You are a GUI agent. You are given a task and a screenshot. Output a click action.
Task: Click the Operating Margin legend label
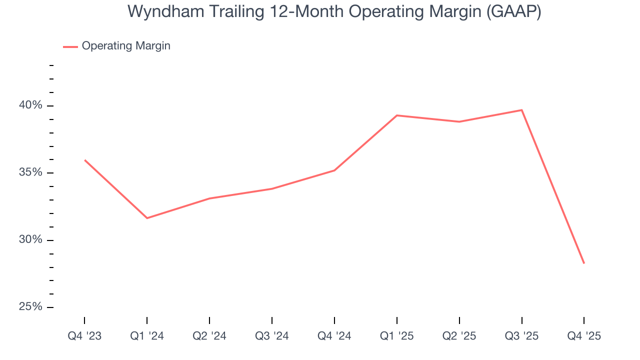[x=126, y=46]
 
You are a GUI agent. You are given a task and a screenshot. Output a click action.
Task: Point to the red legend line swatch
[x=70, y=46]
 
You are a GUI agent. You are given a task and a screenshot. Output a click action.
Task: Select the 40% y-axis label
[x=31, y=105]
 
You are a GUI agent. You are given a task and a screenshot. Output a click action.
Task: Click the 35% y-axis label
[x=31, y=173]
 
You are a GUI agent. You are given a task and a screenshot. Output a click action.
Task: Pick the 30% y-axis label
[x=31, y=240]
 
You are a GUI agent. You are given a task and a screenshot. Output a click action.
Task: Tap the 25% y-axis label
[x=31, y=307]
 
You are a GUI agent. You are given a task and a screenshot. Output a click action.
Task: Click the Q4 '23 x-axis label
[x=84, y=336]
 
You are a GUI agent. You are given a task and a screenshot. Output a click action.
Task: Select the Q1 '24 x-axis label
[x=147, y=336]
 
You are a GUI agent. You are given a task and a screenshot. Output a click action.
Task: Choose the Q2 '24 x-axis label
[x=209, y=336]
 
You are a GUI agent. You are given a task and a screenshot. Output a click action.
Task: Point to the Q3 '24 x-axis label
[x=272, y=336]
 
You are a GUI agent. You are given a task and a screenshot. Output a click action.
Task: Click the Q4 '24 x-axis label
[x=334, y=336]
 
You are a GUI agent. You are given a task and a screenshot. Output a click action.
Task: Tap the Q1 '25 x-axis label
[x=397, y=336]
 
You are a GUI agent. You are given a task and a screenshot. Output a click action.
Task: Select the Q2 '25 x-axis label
[x=459, y=336]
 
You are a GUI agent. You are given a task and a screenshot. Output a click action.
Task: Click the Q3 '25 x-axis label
[x=522, y=336]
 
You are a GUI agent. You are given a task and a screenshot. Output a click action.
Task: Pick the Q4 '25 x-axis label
[x=584, y=336]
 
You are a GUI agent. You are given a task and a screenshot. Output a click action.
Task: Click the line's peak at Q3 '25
[x=522, y=110]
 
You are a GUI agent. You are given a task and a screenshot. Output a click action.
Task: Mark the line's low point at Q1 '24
[x=147, y=218]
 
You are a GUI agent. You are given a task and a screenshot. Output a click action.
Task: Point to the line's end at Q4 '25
[x=584, y=263]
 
